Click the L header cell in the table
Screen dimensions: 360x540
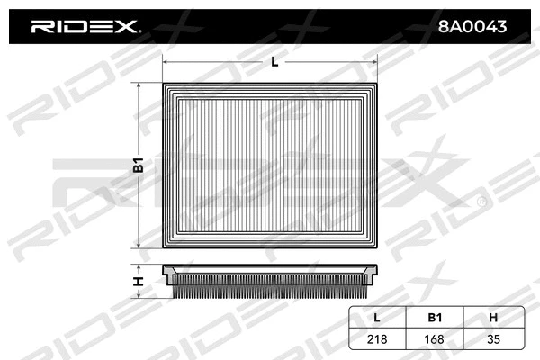coord(377,317)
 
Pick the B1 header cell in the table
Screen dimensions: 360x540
coord(435,317)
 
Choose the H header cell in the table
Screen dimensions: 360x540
coord(493,317)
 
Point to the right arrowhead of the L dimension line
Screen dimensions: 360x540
coord(383,63)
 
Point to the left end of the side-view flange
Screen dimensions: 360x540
coord(165,270)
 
